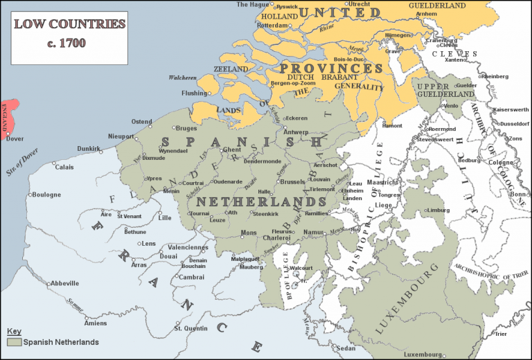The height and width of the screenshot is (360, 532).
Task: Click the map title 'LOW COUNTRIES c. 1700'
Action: tap(69, 33)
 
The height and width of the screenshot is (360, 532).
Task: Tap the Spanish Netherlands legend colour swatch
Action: tap(14, 342)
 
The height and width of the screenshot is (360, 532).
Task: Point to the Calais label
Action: tap(64, 167)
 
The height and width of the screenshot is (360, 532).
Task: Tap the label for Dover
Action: tap(15, 138)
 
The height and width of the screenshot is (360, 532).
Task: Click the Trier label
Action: tap(502, 334)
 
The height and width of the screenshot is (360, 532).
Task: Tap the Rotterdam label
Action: tap(272, 25)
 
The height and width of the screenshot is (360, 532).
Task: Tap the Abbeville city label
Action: tap(64, 283)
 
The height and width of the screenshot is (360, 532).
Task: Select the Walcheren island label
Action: tap(182, 78)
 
